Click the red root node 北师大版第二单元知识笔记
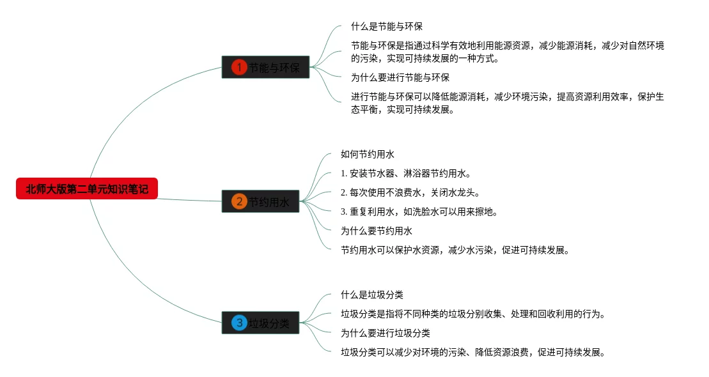86,189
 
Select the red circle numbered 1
239,67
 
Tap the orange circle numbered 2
239,202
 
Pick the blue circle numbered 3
239,323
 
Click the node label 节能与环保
274,68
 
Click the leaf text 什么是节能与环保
387,27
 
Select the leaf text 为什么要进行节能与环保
400,78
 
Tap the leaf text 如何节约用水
368,155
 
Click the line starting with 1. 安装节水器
406,174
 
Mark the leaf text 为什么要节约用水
377,231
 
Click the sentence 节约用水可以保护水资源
455,250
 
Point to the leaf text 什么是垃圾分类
372,295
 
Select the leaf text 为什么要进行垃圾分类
386,334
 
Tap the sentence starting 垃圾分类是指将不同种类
472,314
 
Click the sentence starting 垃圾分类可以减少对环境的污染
472,353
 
